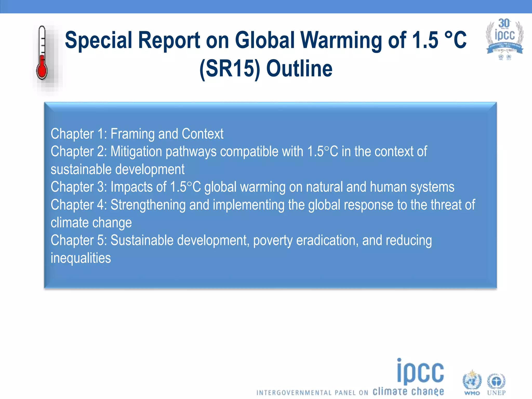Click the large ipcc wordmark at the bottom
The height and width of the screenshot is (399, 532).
point(421,372)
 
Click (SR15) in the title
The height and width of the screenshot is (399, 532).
point(230,69)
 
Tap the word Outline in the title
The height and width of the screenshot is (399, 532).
point(299,69)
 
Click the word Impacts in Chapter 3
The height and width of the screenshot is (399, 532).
point(138,187)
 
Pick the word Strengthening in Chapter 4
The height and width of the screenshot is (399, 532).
point(148,205)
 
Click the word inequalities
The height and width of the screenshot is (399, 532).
point(81,258)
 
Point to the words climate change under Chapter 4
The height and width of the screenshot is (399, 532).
point(91,223)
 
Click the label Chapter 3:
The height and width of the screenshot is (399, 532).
point(79,187)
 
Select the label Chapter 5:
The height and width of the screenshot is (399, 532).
point(79,241)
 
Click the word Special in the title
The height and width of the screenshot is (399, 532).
point(99,40)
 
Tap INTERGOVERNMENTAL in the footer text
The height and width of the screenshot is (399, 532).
point(294,393)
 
